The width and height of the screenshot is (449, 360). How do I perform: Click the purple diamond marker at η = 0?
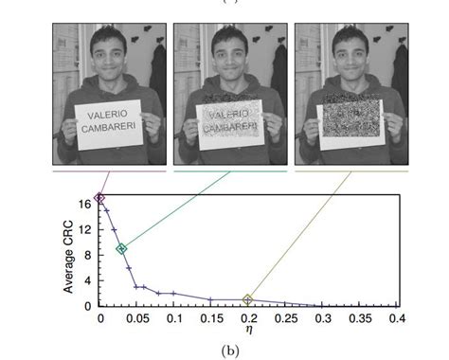pos(99,198)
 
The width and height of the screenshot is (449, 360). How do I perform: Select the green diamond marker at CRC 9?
pos(121,249)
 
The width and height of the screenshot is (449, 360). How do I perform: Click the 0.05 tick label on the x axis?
pos(136,317)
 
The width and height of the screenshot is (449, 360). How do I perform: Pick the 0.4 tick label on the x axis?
pos(396,317)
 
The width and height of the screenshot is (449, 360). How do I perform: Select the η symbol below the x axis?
pos(248,330)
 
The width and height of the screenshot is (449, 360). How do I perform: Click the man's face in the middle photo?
pos(226,53)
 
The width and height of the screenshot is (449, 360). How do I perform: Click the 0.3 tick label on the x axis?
pos(322,317)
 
